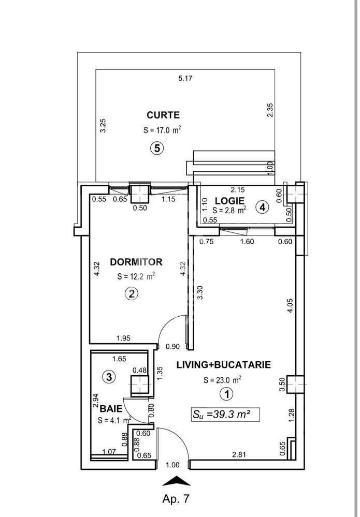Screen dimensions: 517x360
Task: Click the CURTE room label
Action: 163,115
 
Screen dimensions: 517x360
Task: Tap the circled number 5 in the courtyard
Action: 157,148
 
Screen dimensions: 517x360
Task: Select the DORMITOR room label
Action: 136,261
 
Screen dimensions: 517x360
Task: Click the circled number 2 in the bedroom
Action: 132,294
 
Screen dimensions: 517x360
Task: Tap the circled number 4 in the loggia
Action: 263,208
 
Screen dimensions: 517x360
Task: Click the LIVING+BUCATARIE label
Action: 224,364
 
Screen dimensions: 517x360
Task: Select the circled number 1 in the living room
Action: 226,395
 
